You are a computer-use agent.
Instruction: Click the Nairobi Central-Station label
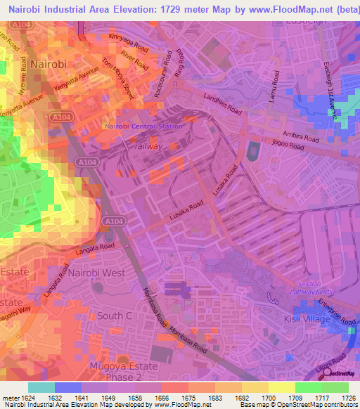143,126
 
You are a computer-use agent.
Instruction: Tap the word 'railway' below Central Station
148,146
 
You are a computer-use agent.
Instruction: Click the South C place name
115,316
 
